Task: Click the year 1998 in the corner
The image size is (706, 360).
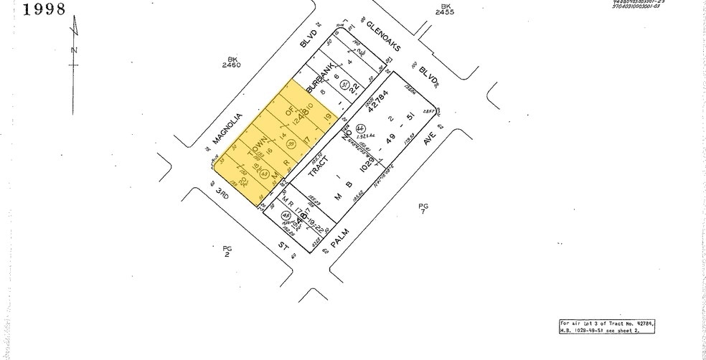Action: [34, 9]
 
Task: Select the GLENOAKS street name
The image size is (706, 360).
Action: [382, 36]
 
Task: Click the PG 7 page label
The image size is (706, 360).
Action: [423, 209]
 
